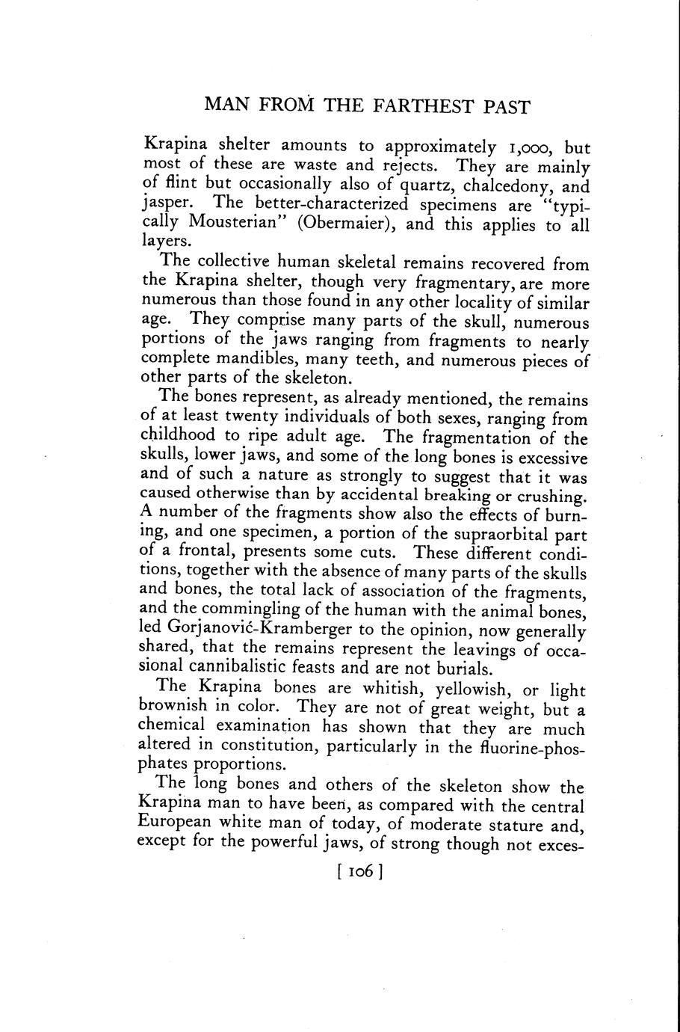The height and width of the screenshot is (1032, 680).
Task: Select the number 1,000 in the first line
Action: (x=523, y=147)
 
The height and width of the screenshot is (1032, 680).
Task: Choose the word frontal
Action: (x=208, y=554)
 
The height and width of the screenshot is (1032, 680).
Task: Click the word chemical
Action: (x=172, y=726)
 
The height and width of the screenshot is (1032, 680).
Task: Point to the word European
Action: (x=175, y=824)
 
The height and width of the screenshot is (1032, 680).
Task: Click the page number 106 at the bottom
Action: (x=359, y=872)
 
